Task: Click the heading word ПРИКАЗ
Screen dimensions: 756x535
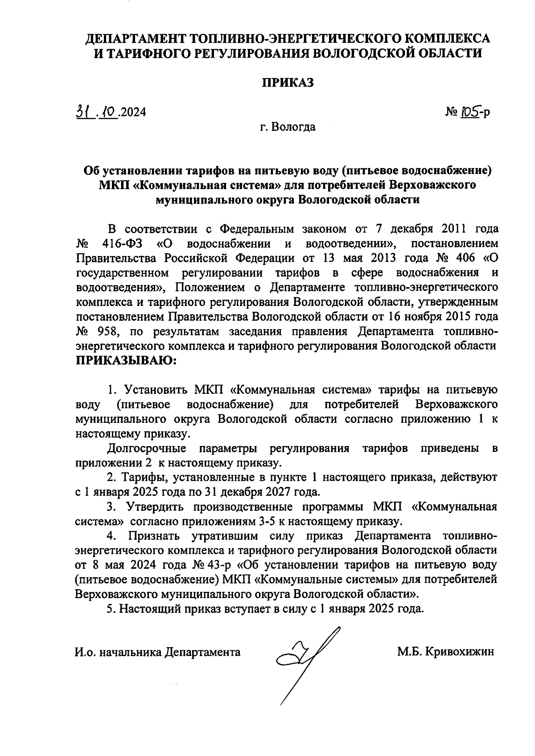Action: (288, 83)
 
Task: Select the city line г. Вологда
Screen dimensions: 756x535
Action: (288, 127)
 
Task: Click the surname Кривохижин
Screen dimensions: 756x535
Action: (460, 652)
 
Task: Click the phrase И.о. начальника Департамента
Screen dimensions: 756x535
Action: (157, 652)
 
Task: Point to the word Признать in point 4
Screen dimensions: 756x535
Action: (154, 535)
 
